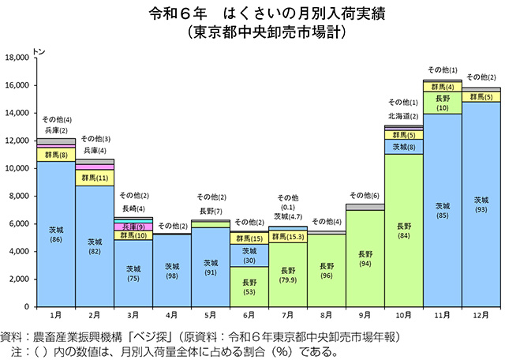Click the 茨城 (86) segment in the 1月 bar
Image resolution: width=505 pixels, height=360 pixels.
click(56, 234)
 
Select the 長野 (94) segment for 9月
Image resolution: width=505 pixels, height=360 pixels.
click(365, 258)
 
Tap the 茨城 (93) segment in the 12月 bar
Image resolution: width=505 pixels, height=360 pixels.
click(481, 204)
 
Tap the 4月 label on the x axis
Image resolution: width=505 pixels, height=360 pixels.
click(171, 316)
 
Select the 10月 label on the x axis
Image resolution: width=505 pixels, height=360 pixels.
click(403, 316)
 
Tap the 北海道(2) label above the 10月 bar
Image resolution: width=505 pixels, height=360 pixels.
click(403, 116)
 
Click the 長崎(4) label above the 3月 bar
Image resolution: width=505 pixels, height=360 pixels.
click(133, 208)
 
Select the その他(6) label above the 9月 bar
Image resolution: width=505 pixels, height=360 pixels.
click(365, 195)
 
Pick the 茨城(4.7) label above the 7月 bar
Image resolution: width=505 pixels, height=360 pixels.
click(288, 216)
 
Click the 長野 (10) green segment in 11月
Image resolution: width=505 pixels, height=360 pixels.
click(442, 102)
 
